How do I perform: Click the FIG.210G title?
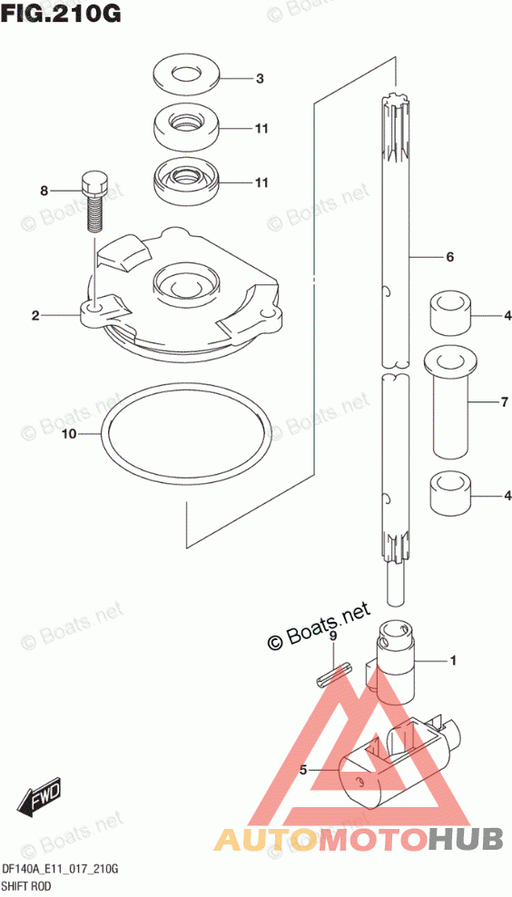click(61, 13)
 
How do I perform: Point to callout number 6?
click(449, 258)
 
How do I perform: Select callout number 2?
click(35, 315)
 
